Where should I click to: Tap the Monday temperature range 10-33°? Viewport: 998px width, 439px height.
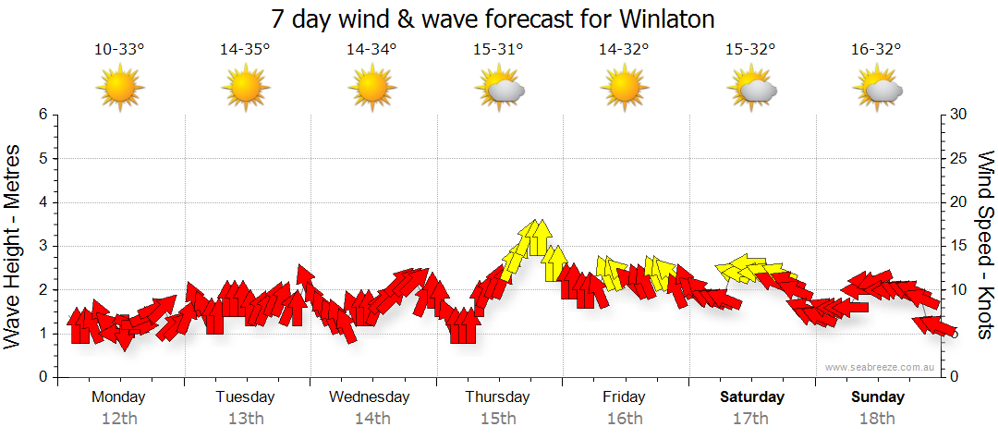119,50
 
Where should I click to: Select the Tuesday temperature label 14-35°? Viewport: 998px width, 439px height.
245,50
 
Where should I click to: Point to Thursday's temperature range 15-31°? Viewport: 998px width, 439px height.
498,50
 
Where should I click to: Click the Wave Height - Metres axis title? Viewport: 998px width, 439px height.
13,246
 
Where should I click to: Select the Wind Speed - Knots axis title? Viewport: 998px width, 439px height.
985,246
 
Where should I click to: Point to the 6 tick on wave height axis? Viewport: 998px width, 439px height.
43,115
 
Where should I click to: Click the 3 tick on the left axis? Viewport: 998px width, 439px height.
43,246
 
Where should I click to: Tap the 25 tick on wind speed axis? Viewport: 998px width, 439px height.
960,158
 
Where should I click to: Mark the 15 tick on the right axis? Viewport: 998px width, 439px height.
960,246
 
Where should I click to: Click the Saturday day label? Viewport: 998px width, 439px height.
752,397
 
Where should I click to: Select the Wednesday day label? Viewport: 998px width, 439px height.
370,397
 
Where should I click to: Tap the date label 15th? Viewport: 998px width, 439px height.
498,419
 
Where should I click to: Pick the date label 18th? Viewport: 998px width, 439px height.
877,419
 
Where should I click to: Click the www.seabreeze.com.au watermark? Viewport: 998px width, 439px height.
881,368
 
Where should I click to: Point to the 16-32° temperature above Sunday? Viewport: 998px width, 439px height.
876,50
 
